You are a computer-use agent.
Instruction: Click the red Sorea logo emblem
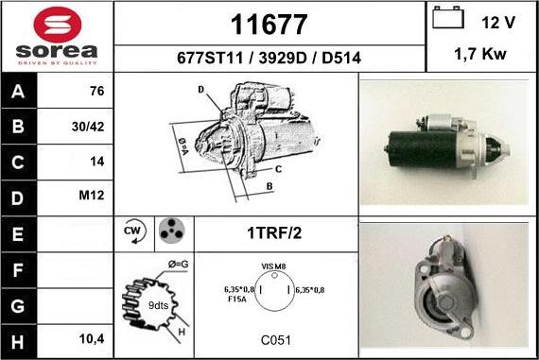(58, 25)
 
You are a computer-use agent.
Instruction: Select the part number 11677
(269, 25)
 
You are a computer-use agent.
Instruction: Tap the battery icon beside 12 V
(448, 17)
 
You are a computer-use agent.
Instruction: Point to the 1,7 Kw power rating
(480, 54)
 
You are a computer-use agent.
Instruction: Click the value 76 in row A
(97, 91)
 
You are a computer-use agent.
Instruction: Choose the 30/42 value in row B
(88, 127)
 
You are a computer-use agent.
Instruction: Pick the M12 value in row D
(92, 196)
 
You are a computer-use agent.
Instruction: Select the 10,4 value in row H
(92, 339)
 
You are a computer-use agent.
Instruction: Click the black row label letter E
(17, 234)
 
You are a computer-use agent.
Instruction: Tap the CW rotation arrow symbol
(134, 231)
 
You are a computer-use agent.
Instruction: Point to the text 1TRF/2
(274, 232)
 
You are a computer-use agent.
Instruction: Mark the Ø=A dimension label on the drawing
(183, 146)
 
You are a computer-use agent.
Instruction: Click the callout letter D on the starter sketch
(201, 90)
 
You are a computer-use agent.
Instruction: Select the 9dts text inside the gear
(158, 305)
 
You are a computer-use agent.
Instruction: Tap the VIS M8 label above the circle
(273, 266)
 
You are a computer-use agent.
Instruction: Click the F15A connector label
(237, 300)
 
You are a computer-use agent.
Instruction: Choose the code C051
(276, 340)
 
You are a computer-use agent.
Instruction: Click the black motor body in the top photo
(423, 149)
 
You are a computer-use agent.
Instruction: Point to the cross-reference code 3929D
(282, 58)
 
